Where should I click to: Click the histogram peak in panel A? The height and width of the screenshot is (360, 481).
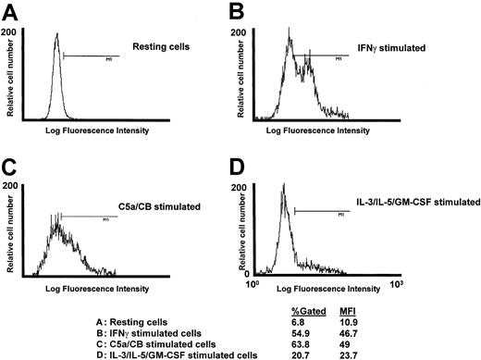coord(55,35)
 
